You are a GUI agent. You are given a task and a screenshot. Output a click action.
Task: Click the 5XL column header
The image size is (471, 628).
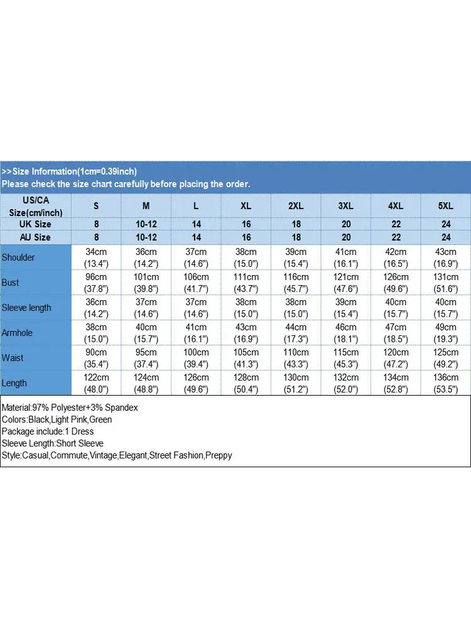[446, 205]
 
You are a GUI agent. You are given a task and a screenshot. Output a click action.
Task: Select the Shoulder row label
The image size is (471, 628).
[19, 257]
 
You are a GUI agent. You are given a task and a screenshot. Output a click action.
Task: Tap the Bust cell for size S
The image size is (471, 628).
[96, 283]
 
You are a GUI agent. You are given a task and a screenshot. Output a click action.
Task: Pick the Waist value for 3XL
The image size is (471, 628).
[346, 358]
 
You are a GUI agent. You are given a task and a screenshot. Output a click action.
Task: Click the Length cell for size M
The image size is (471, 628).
[146, 383]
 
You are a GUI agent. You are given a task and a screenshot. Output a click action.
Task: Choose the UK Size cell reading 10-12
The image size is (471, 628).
[146, 224]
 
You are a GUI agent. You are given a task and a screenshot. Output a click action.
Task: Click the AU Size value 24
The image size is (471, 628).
[446, 237]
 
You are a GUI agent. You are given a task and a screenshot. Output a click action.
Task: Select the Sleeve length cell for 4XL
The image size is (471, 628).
[396, 308]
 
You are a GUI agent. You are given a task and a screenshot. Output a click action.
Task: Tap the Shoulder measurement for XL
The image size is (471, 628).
[246, 257]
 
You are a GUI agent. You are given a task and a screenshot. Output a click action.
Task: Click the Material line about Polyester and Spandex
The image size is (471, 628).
[70, 408]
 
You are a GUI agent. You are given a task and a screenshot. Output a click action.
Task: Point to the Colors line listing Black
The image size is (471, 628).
[57, 420]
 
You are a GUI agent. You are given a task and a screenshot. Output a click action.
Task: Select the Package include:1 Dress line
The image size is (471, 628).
[48, 431]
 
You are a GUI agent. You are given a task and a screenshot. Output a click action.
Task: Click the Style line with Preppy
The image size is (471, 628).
[117, 455]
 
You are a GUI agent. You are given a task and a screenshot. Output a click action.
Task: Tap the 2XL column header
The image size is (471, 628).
[296, 205]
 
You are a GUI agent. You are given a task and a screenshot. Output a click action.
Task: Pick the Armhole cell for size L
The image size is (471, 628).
[197, 333]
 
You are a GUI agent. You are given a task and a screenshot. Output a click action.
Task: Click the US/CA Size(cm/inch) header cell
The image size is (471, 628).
[36, 205]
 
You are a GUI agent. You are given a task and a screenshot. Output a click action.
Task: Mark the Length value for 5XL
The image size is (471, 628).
[446, 383]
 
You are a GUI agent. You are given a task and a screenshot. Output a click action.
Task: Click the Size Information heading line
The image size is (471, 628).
[69, 171]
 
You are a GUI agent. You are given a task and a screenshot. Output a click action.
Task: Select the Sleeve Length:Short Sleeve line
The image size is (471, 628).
[53, 443]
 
